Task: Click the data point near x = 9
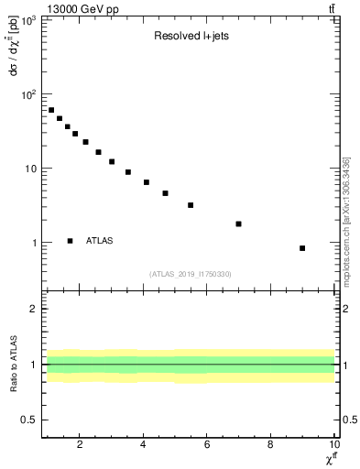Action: click(x=302, y=248)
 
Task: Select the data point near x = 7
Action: click(x=238, y=224)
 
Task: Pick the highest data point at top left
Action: click(x=51, y=110)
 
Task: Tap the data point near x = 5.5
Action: click(x=191, y=205)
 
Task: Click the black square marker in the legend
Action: click(x=71, y=241)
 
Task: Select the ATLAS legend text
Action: click(x=99, y=241)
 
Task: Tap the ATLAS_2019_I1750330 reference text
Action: click(x=190, y=274)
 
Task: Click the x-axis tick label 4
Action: click(x=144, y=445)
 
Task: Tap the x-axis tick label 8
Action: click(x=270, y=445)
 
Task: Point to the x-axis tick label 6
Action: click(x=207, y=445)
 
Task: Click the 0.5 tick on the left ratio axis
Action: click(x=29, y=420)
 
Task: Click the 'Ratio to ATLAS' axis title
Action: click(x=14, y=364)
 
